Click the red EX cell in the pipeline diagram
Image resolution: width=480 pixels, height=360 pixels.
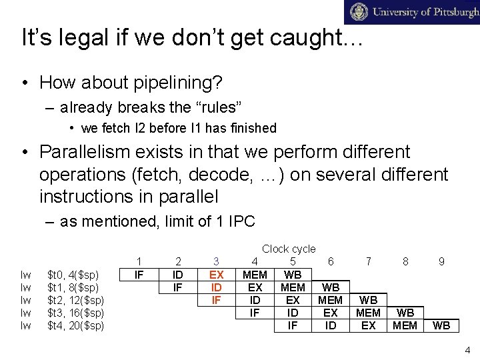(216, 275)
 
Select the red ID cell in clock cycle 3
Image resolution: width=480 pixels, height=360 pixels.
(216, 287)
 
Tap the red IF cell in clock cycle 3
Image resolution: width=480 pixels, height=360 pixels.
(216, 300)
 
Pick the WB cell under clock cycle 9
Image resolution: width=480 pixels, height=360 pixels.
(441, 325)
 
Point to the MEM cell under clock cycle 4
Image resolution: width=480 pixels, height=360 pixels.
(255, 275)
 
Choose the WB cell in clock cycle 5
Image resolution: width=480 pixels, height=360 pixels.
(293, 275)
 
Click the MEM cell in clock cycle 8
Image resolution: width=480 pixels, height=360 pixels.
(405, 325)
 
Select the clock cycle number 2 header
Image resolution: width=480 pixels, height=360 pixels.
(178, 262)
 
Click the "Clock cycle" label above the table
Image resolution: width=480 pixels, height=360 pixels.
(289, 249)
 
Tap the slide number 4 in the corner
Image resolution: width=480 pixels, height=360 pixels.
(468, 349)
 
